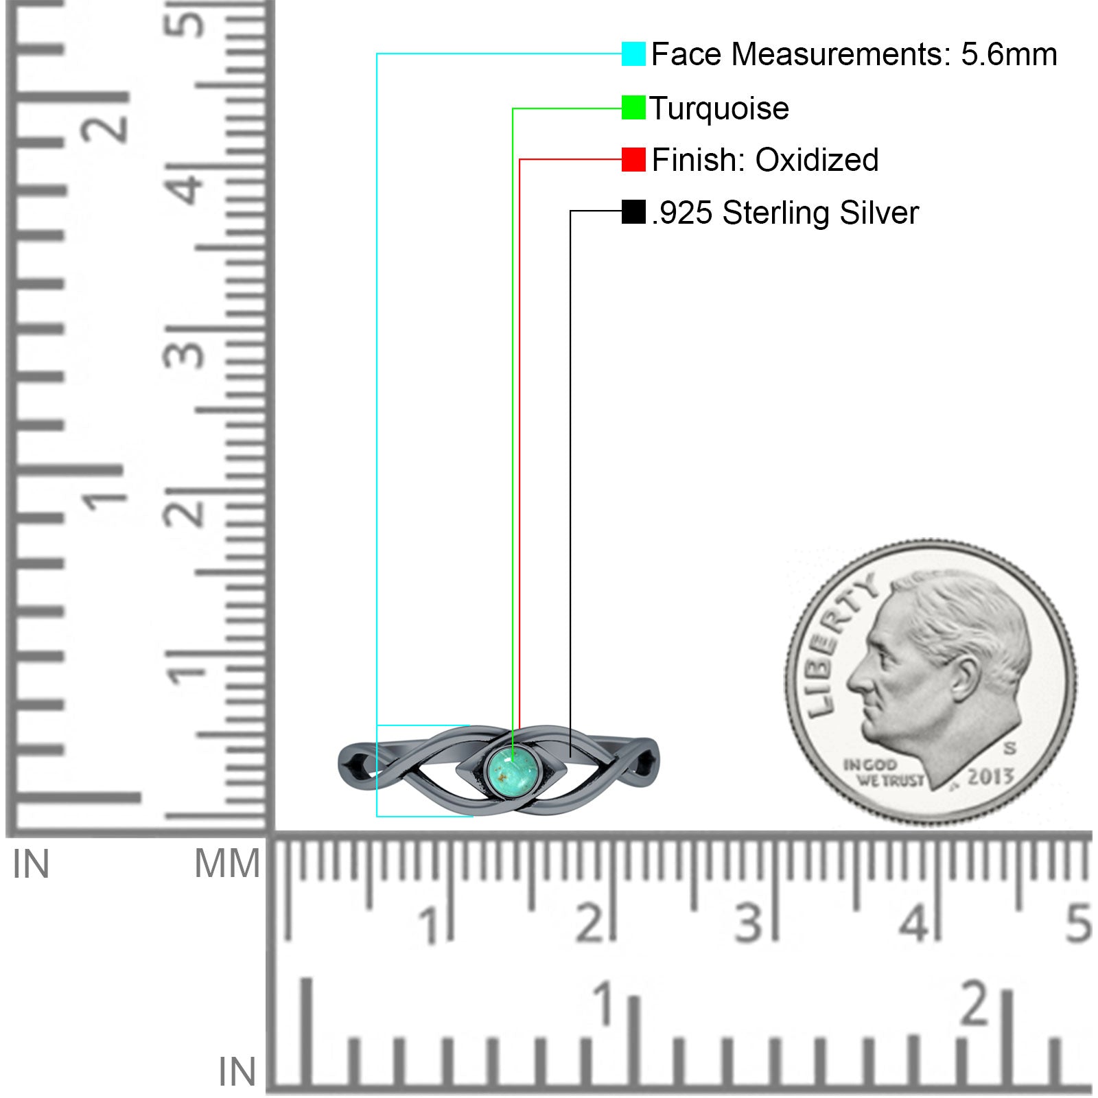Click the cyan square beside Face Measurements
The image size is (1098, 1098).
633,54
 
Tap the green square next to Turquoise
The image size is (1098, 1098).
633,108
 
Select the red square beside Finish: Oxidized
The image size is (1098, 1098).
633,159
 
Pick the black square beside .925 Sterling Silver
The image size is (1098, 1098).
633,211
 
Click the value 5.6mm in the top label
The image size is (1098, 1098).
1009,54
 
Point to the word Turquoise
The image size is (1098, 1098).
719,108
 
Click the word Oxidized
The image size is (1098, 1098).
817,160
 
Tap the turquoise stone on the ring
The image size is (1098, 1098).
511,770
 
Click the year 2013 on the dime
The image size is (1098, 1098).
990,776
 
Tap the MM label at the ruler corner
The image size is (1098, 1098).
227,863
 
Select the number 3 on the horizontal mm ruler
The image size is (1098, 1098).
749,923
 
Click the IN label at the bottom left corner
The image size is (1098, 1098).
237,1071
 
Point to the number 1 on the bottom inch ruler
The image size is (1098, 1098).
604,1003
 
